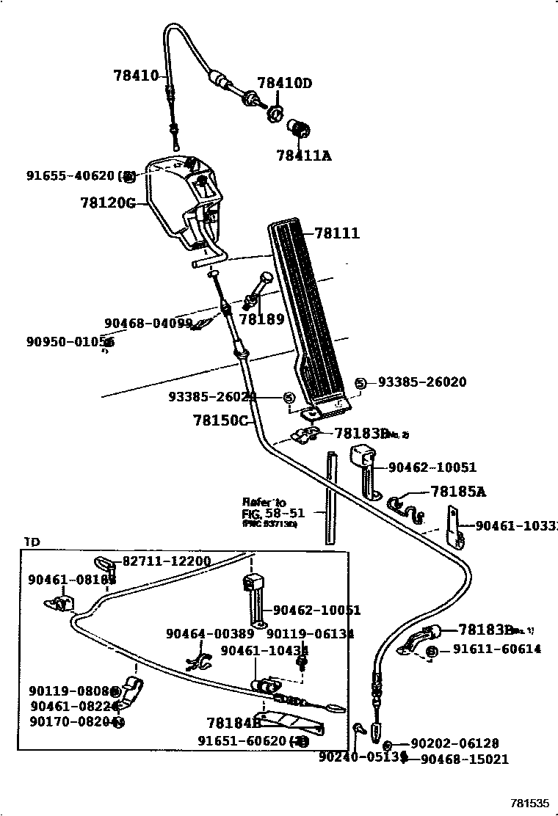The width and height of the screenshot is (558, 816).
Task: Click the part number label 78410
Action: pos(136,75)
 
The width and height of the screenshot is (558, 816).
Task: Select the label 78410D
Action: pos(284,83)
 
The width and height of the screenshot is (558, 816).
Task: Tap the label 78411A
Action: pos(303,155)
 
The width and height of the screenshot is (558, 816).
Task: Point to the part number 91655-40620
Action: pos(70,175)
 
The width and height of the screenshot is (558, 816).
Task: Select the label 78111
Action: pos(337,233)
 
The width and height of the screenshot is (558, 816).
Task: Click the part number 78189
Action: pos(262,319)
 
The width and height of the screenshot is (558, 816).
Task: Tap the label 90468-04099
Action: pos(148,323)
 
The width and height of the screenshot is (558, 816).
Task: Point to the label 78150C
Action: pos(221,420)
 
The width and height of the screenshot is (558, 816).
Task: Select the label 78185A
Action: pos(458,492)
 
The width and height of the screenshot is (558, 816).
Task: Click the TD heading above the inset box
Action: pos(32,542)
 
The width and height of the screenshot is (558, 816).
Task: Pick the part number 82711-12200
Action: pos(166,561)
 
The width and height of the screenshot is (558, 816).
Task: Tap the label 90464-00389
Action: pos(210,633)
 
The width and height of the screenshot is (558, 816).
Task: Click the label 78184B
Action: pos(234,722)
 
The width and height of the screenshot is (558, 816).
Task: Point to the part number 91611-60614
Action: pos(497,649)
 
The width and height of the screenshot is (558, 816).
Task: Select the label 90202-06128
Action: pos(454,743)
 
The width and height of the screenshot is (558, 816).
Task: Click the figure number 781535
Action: pos(531,802)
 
